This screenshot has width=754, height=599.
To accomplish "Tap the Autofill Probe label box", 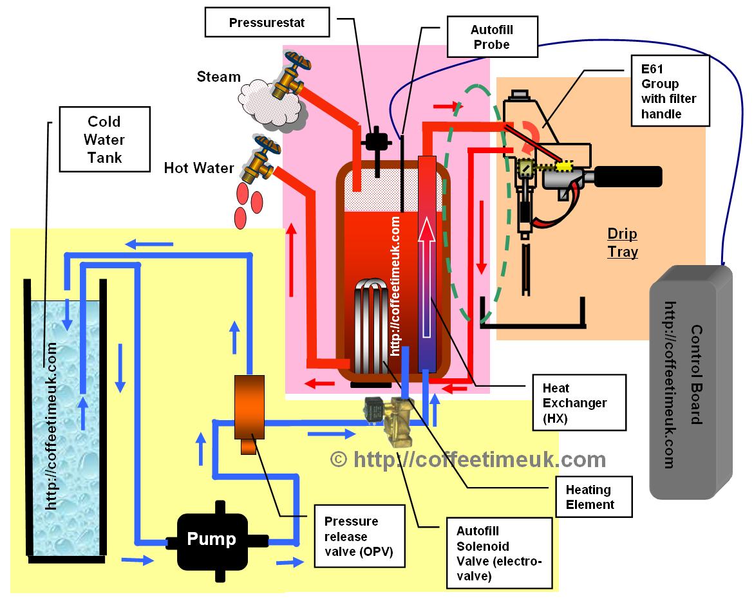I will (x=491, y=37).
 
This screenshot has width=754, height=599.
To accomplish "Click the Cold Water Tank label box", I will (x=104, y=140).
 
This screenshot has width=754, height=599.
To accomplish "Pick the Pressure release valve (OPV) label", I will (x=359, y=536).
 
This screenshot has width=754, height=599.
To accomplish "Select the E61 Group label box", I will (x=669, y=90).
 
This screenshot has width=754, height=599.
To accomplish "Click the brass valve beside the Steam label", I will (x=291, y=76).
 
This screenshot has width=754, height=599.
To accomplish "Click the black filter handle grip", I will (x=628, y=176).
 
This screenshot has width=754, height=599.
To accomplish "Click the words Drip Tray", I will (x=623, y=242).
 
